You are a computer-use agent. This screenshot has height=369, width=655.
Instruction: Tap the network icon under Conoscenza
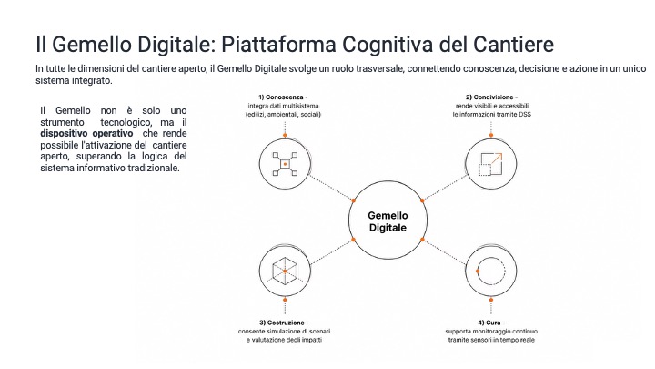285,164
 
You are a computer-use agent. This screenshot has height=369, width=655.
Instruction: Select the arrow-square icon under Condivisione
490,164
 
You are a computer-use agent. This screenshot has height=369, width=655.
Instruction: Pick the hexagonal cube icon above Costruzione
285,272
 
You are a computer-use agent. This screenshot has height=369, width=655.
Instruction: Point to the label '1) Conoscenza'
281,97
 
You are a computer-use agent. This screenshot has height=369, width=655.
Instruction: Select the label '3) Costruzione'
282,323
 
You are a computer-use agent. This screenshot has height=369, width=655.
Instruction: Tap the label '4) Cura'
489,323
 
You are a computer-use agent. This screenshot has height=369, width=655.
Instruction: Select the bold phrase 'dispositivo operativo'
86,133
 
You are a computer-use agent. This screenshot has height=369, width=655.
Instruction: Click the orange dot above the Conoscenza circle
285,136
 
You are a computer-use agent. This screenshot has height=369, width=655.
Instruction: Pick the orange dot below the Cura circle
491,300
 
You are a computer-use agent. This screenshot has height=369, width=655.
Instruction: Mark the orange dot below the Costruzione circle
285,300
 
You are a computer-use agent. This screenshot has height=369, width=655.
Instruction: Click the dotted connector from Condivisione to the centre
445,188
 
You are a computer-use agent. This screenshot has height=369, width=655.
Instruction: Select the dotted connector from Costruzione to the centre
332,251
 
